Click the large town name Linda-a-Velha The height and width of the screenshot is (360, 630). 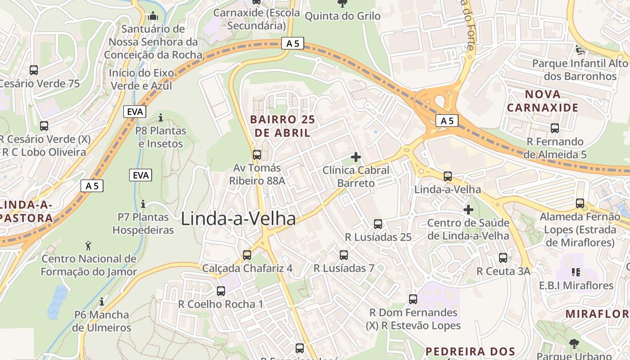click(238, 219)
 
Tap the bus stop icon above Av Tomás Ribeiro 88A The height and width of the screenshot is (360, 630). click(257, 155)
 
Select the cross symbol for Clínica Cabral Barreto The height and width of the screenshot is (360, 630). click(356, 157)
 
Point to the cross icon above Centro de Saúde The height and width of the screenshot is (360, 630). click(468, 210)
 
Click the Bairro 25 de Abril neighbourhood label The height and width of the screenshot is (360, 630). click(283, 126)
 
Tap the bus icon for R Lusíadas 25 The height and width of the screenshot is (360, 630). click(378, 224)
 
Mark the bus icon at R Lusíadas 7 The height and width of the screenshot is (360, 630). click(344, 255)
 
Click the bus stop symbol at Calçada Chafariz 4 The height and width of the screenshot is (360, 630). click(247, 255)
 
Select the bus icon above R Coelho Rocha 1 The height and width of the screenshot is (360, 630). click(220, 291)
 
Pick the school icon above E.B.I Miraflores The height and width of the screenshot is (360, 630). click(576, 272)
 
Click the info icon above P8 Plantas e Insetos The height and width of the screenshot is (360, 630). click(161, 118)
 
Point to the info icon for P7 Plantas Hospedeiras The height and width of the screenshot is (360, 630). click(143, 204)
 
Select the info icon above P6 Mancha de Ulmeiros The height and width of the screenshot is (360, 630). click(102, 301)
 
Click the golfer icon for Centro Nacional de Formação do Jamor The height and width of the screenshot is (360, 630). click(89, 246)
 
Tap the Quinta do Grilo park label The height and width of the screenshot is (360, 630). click(342, 16)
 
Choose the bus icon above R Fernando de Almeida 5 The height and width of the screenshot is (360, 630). click(555, 128)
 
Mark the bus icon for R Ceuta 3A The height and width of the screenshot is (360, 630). click(503, 258)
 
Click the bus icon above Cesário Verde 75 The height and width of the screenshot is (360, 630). click(34, 70)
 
